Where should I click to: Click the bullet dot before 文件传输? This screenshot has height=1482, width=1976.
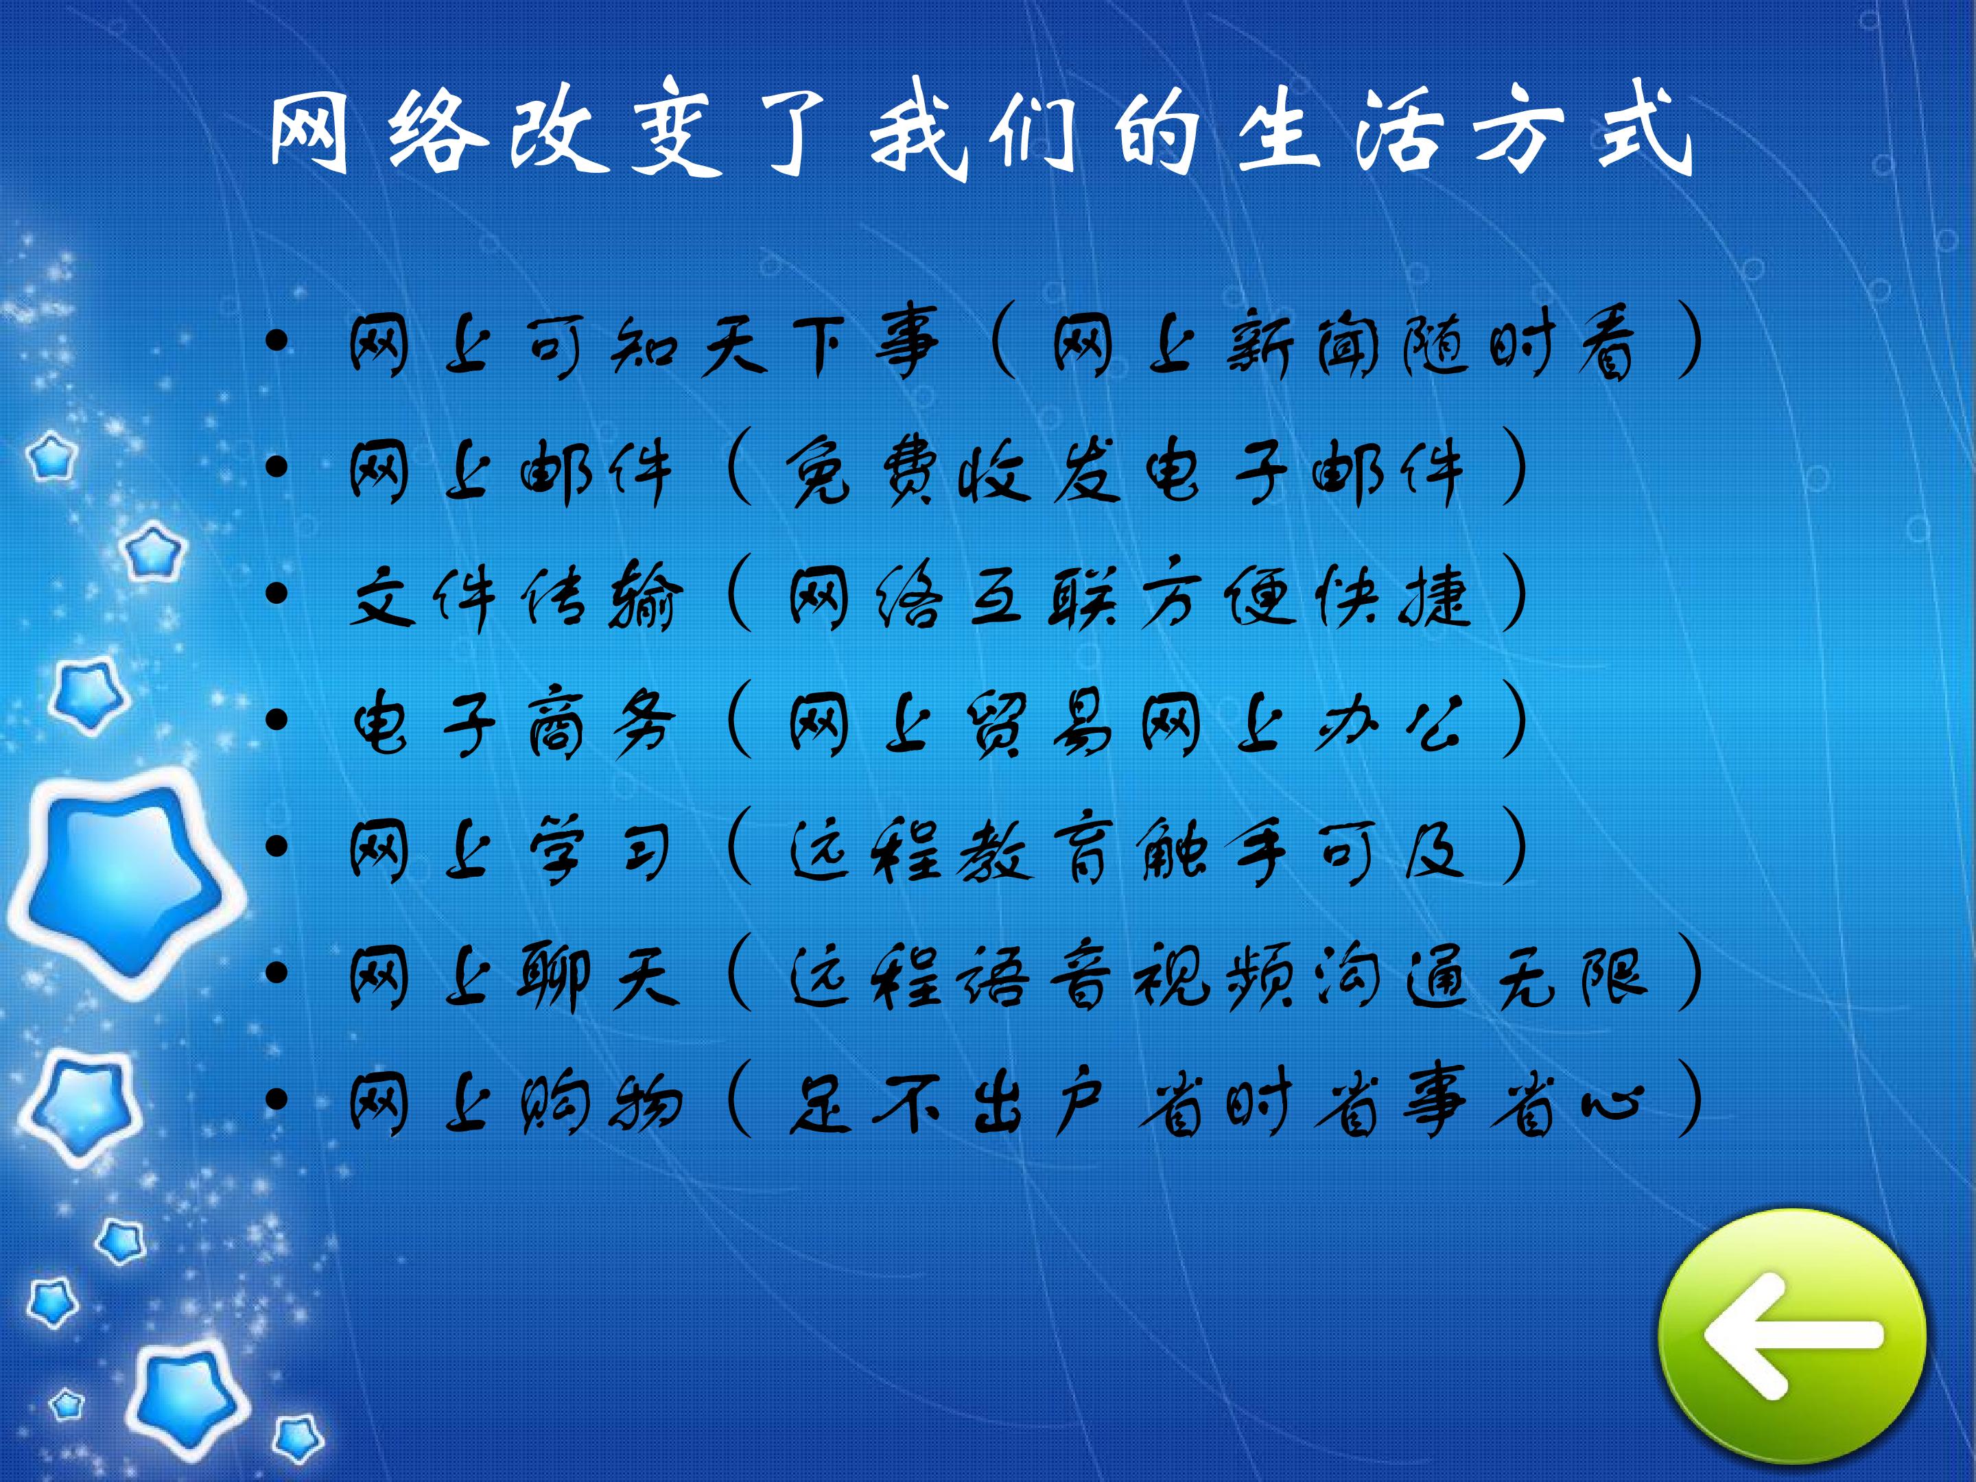pyautogui.click(x=277, y=593)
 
